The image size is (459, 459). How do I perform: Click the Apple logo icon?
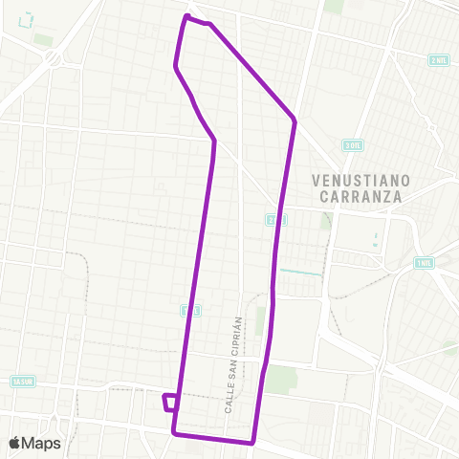pos(16,443)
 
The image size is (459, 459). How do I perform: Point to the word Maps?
pos(43,443)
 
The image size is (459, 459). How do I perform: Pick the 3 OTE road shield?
pos(352,144)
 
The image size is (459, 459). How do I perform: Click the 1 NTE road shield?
pos(423,262)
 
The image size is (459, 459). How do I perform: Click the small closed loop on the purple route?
pos(170,402)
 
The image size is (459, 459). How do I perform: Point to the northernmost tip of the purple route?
pos(186,16)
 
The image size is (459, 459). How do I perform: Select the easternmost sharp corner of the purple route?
pos(295,120)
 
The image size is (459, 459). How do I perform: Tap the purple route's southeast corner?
pos(251,442)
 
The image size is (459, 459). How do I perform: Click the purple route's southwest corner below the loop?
pos(174,433)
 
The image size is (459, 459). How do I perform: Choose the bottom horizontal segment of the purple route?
pos(212,438)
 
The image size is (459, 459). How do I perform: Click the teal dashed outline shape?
pos(25,18)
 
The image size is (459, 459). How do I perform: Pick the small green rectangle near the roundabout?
pos(43,40)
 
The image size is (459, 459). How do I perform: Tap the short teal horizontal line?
pos(300,272)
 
